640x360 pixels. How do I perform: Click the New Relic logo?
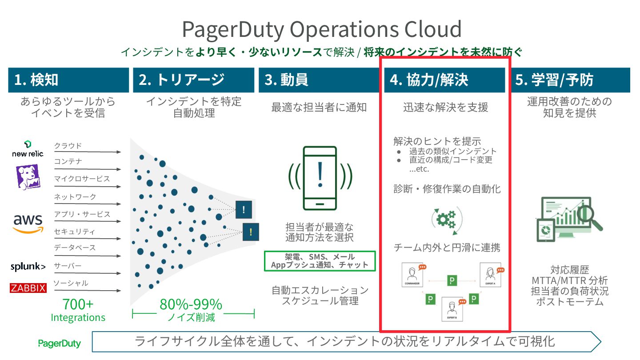(28, 149)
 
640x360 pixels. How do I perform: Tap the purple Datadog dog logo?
(28, 176)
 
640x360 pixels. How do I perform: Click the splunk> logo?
(28, 267)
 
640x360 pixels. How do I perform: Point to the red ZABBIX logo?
(28, 288)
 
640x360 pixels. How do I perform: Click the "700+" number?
(78, 304)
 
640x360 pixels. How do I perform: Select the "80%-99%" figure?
(191, 304)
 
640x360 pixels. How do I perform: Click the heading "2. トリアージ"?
(182, 80)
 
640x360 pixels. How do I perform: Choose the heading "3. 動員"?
(286, 80)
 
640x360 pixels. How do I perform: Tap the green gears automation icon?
(446, 218)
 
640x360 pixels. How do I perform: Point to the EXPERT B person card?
(453, 309)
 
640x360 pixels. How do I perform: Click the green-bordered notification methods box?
(320, 261)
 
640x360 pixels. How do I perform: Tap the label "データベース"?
(75, 248)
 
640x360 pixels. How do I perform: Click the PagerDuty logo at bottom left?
(59, 343)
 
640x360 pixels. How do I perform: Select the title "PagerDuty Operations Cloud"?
(322, 29)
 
